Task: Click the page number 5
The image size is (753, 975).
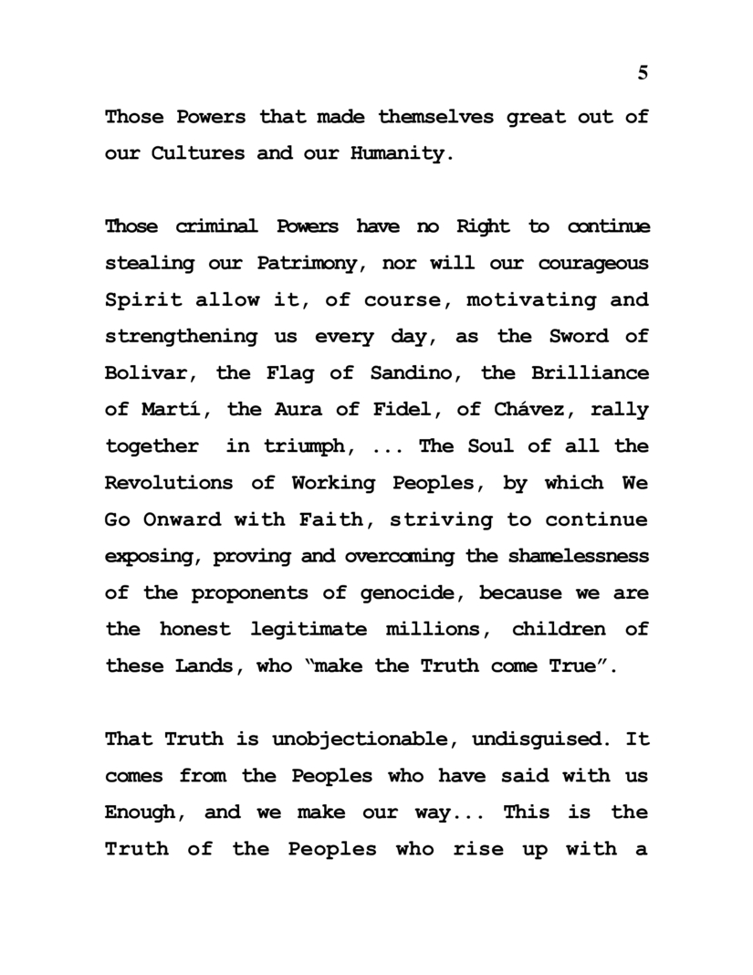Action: pyautogui.click(x=643, y=74)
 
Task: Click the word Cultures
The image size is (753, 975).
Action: pyautogui.click(x=192, y=153)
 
